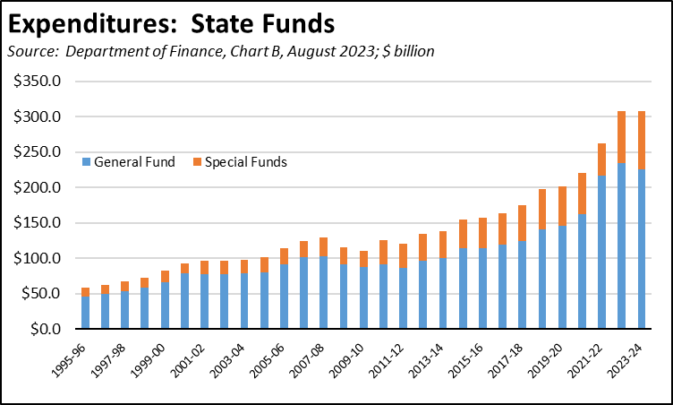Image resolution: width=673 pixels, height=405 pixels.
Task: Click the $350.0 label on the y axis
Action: pos(37,82)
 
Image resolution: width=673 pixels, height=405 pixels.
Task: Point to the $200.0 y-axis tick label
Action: pos(37,188)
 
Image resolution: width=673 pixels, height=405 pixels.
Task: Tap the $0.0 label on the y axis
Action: pos(44,330)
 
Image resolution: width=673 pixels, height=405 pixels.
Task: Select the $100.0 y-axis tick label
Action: pos(37,259)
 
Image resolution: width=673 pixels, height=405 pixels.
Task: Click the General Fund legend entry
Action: pos(130,162)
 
